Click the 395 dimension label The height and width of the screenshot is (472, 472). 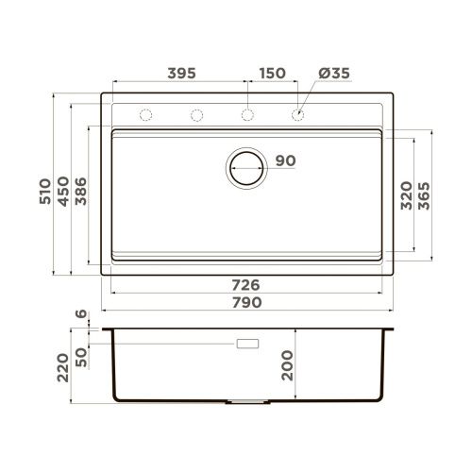click(x=181, y=73)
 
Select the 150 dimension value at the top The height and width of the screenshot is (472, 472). click(x=273, y=73)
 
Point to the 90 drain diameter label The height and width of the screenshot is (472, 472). click(x=286, y=160)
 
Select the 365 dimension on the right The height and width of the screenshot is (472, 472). click(x=424, y=194)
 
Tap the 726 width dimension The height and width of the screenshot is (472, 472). click(x=246, y=285)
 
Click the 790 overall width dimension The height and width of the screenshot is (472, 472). click(x=246, y=302)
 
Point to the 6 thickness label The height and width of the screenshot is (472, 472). click(x=82, y=314)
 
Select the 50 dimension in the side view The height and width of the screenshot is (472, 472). click(x=82, y=357)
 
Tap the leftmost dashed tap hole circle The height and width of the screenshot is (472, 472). click(x=146, y=115)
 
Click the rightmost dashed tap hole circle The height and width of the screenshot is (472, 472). click(x=298, y=115)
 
